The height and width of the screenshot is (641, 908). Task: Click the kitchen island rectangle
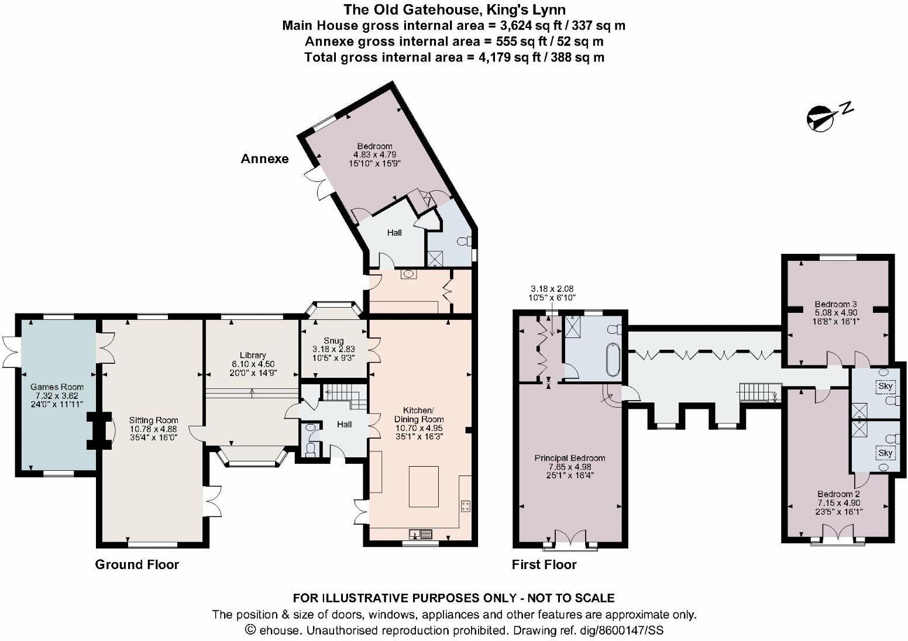[424, 486]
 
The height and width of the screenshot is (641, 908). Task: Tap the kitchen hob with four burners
[466, 506]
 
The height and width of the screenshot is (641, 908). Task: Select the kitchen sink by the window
[422, 533]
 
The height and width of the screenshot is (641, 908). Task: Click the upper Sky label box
[885, 387]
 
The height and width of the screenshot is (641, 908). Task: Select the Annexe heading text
[264, 159]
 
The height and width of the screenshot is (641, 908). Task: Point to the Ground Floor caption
[137, 564]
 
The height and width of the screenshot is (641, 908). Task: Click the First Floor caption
[544, 564]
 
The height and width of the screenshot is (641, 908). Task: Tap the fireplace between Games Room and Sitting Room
[99, 431]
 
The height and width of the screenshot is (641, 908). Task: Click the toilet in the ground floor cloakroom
[311, 448]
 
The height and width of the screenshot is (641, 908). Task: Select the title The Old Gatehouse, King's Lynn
[453, 9]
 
